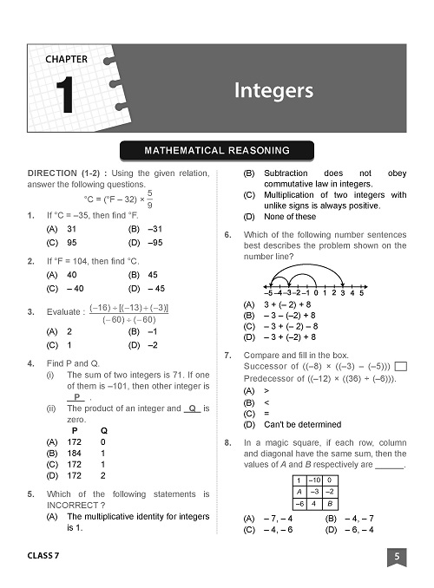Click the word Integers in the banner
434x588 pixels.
[273, 90]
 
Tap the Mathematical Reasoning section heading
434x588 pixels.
[216, 152]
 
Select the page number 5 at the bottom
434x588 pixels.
[396, 557]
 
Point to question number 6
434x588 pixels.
[227, 234]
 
